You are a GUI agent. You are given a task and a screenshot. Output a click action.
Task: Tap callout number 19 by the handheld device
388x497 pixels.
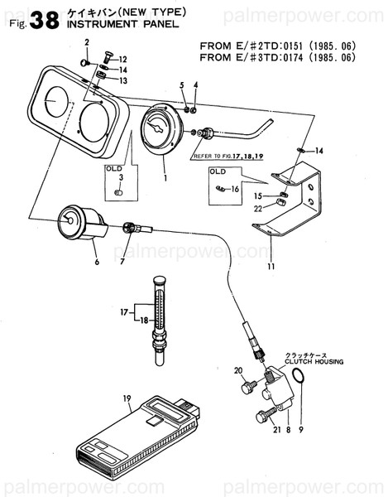click(127, 398)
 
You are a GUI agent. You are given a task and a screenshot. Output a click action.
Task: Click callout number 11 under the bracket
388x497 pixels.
click(271, 267)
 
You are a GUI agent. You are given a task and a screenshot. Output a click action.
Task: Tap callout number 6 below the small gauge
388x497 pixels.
click(97, 262)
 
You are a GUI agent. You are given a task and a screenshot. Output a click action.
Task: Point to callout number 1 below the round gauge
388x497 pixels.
click(165, 177)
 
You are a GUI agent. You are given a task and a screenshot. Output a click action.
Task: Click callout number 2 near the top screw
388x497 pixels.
click(86, 41)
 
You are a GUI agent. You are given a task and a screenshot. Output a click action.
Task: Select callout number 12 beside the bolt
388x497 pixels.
click(122, 60)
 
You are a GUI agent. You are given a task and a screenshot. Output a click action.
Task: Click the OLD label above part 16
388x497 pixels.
click(218, 171)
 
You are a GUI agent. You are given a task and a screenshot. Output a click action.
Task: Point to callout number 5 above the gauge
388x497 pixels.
click(182, 85)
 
